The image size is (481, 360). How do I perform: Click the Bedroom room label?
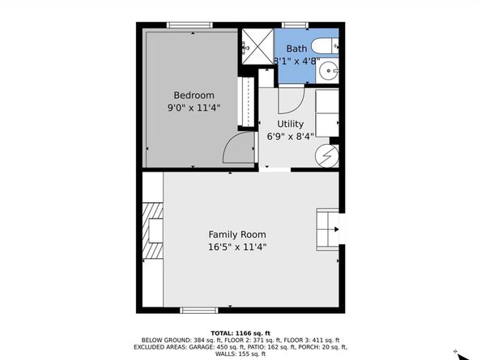tap(194, 95)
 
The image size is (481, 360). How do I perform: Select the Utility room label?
tap(290, 124)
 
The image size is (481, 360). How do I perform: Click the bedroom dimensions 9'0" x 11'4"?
tap(194, 107)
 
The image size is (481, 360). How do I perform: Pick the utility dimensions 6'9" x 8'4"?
tap(290, 136)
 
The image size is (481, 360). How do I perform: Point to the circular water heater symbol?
tap(328, 154)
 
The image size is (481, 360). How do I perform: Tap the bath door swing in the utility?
tap(290, 100)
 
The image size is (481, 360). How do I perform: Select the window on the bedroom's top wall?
tap(189, 24)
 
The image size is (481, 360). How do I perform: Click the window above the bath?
tap(293, 24)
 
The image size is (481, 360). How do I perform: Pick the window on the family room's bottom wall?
tap(199, 310)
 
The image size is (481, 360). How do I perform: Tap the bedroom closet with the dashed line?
tap(245, 102)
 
